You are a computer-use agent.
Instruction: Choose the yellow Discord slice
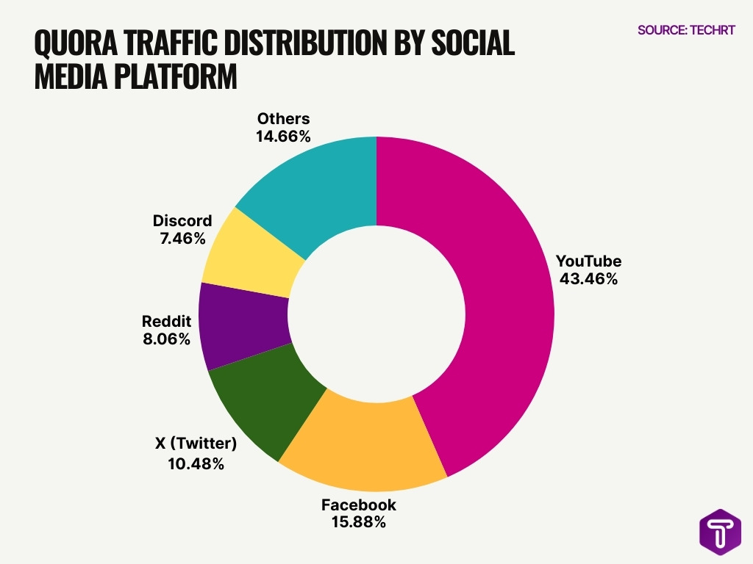click(x=250, y=253)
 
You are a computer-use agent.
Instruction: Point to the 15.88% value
click(x=358, y=523)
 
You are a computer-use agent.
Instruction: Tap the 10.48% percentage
click(x=195, y=464)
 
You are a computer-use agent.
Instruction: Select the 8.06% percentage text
click(x=165, y=339)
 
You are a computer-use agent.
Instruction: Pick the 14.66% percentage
click(x=283, y=136)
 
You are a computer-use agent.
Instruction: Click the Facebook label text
click(x=358, y=505)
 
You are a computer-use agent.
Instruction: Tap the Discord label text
click(x=182, y=220)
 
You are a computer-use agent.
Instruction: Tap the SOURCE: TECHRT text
click(x=686, y=30)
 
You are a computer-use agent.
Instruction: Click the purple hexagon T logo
click(x=720, y=531)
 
